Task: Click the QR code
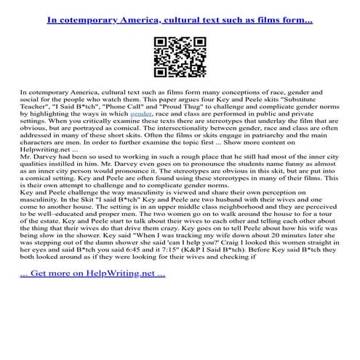tap(180, 54)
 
